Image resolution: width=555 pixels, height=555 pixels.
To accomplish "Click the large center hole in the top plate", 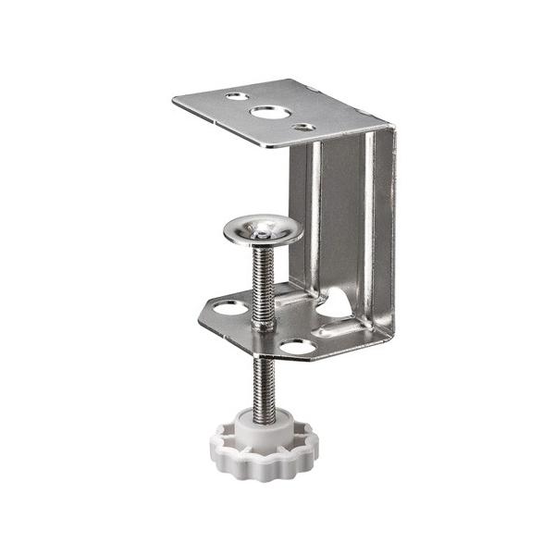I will pyautogui.click(x=267, y=113).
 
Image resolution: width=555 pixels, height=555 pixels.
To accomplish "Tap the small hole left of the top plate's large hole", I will pyautogui.click(x=237, y=95).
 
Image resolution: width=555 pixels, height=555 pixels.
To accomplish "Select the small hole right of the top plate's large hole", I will pyautogui.click(x=302, y=128).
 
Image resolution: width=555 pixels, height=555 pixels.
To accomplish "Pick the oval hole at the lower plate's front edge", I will pyautogui.click(x=298, y=346).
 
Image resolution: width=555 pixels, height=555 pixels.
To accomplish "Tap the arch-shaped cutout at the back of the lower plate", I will pyautogui.click(x=337, y=305).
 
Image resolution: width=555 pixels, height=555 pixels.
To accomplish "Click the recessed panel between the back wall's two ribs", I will pyautogui.click(x=345, y=222).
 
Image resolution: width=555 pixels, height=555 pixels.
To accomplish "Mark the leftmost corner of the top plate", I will pyautogui.click(x=175, y=99).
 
